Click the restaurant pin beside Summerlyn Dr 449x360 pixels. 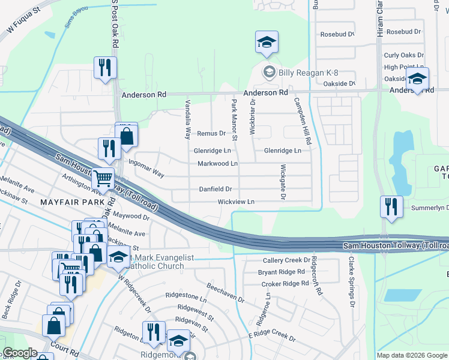coord(391,207)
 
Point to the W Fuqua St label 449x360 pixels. coord(23,20)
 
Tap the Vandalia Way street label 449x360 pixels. coord(188,119)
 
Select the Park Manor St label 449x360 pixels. coord(235,121)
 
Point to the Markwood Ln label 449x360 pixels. coord(218,163)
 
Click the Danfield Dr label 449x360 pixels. coord(215,189)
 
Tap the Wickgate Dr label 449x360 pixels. coord(282,182)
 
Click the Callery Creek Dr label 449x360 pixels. coord(286,260)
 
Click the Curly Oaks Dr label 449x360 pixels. coord(403,56)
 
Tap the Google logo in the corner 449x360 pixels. coord(20,352)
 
